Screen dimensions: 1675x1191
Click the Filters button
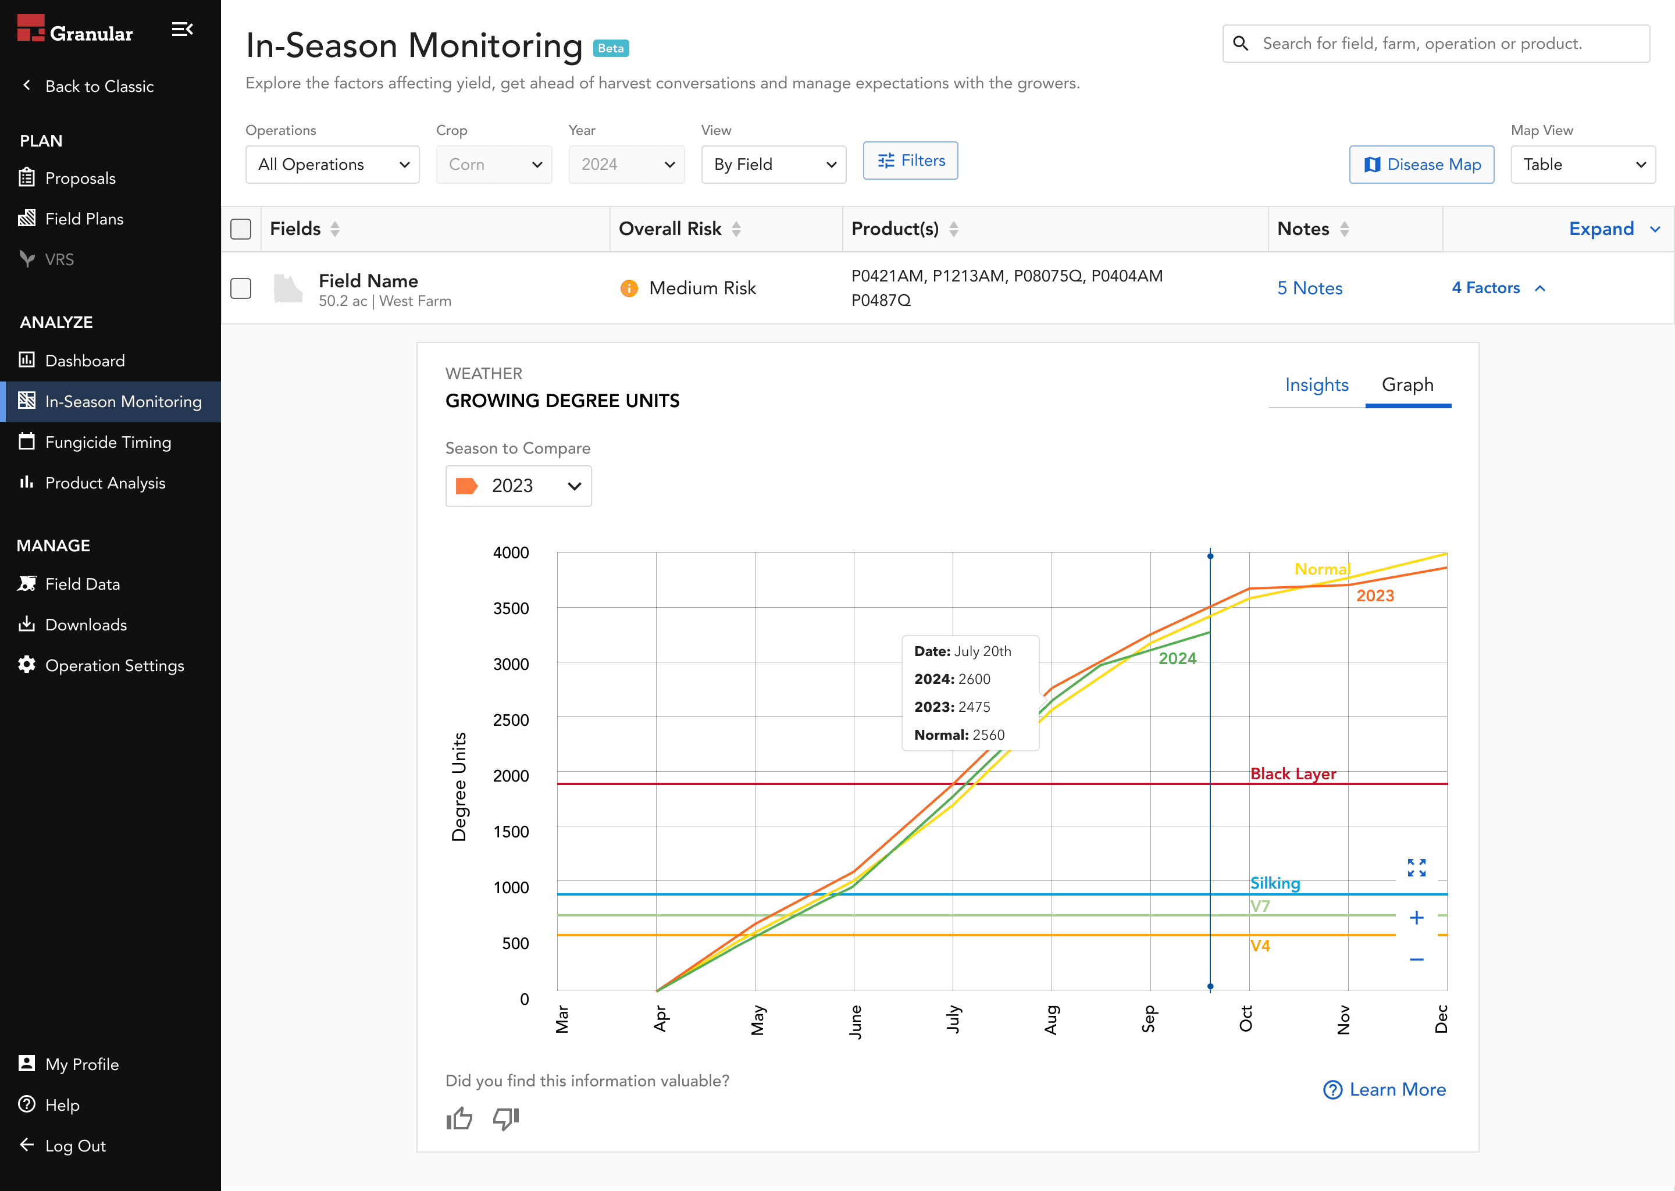click(x=910, y=161)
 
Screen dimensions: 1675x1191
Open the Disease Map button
click(x=1421, y=164)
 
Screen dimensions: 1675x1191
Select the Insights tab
click(x=1316, y=385)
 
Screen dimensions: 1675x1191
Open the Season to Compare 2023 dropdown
click(x=518, y=486)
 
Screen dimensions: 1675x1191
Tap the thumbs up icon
click(x=459, y=1118)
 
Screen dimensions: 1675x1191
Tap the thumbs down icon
click(x=506, y=1118)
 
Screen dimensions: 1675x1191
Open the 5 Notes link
click(x=1310, y=288)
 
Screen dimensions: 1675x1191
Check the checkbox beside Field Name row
click(x=241, y=288)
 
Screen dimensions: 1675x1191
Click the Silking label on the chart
click(x=1275, y=884)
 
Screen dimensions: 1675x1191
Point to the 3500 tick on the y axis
click(x=511, y=609)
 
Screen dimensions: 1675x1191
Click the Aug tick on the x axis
click(x=1051, y=1019)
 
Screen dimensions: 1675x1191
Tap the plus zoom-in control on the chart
click(x=1416, y=918)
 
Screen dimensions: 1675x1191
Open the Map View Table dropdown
click(x=1583, y=164)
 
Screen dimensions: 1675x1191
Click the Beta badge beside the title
click(x=611, y=48)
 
